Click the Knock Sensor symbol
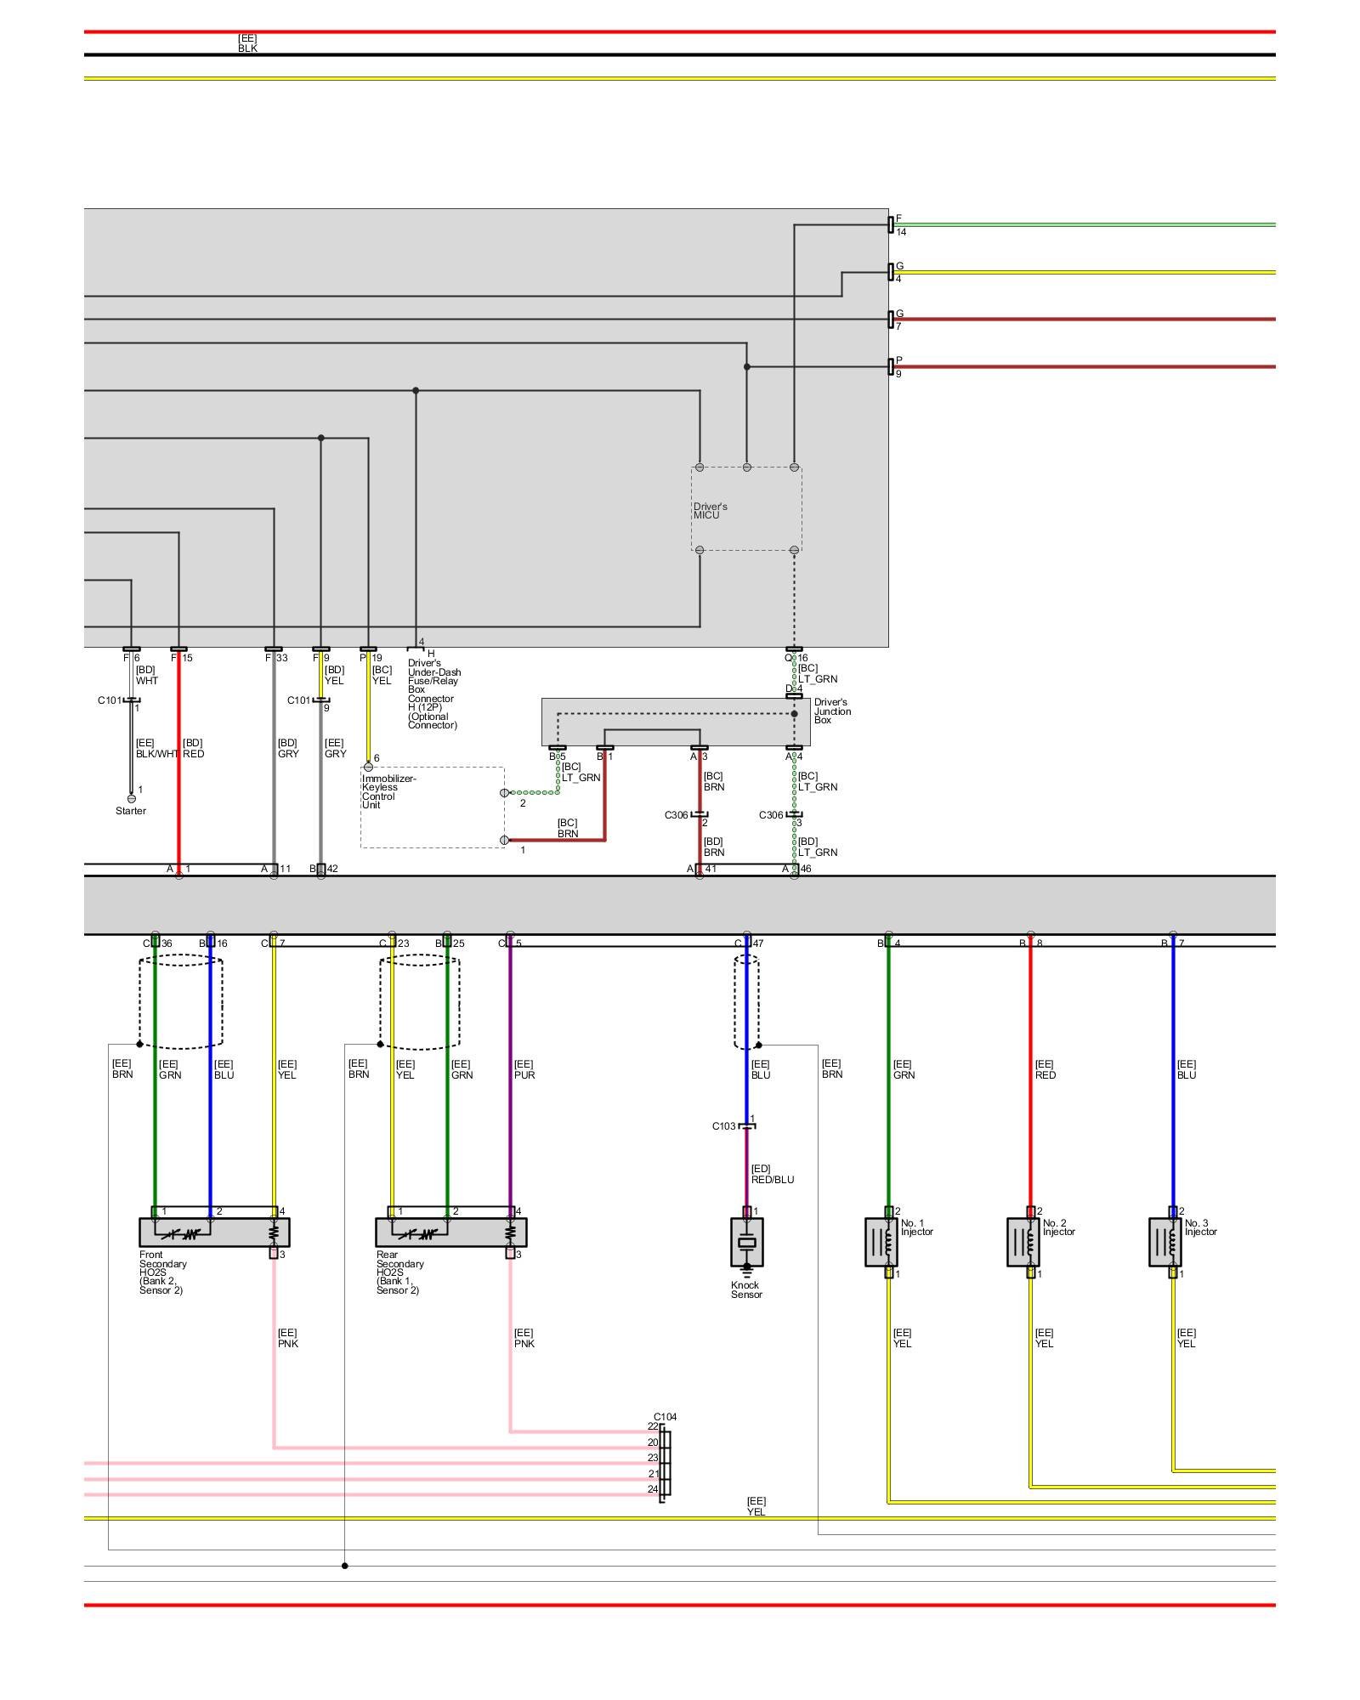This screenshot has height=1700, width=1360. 746,1242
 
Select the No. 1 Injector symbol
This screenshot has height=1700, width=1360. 881,1242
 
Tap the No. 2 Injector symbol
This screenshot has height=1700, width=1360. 1023,1242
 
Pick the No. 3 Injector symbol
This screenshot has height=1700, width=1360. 1165,1242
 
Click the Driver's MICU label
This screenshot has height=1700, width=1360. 710,511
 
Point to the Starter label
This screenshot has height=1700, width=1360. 131,811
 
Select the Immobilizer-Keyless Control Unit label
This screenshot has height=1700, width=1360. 388,791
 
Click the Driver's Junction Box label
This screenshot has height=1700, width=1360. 832,711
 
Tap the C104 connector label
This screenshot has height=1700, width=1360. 665,1417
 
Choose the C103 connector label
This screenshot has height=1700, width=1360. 723,1126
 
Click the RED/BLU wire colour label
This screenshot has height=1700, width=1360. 772,1180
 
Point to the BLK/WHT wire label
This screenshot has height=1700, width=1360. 157,754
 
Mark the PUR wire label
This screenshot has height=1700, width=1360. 524,1075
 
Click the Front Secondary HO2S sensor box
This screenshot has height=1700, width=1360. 214,1232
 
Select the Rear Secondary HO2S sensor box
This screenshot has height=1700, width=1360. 450,1232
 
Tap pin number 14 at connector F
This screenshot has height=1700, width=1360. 901,232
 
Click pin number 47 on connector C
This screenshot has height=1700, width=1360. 757,943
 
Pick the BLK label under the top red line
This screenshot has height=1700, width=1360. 247,48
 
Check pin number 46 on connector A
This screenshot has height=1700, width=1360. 806,869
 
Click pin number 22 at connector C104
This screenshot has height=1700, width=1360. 653,1426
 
